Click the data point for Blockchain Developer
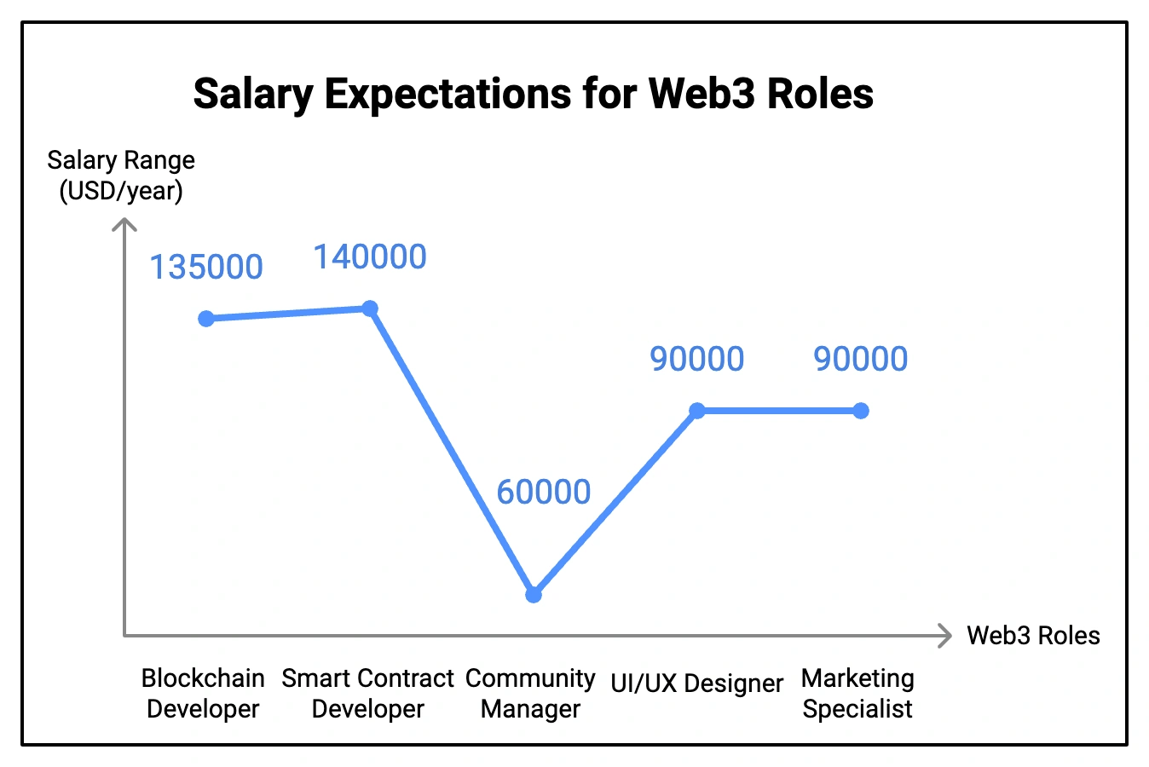[x=206, y=319]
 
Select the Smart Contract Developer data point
[x=370, y=309]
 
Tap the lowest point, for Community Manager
[x=534, y=595]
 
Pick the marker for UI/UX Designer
[x=697, y=411]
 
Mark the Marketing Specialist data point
[x=861, y=411]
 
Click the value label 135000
[x=206, y=268]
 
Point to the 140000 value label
[x=370, y=257]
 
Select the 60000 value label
[x=544, y=493]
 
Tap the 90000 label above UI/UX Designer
[x=697, y=360]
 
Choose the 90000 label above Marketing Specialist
[x=861, y=360]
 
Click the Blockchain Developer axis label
[x=203, y=694]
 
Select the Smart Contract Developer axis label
[x=367, y=694]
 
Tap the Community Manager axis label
[x=530, y=694]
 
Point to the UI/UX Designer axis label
[x=697, y=683]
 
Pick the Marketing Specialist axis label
[x=857, y=694]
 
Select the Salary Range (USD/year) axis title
[x=121, y=176]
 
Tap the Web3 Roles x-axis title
[x=1033, y=636]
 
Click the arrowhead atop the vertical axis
[x=124, y=223]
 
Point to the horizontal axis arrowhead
[x=945, y=636]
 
